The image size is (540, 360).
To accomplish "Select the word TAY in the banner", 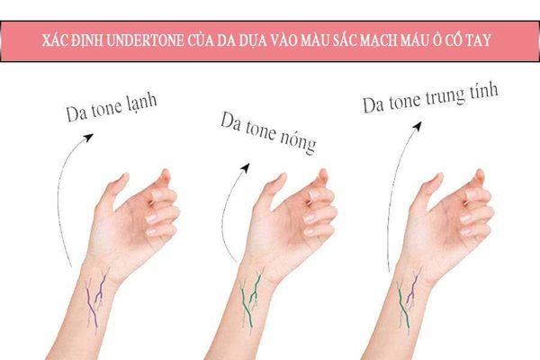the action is click(479, 40).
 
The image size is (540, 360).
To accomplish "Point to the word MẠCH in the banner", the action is click(380, 41).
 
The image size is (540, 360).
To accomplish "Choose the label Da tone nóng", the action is click(268, 133).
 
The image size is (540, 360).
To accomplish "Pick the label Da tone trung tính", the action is click(430, 98).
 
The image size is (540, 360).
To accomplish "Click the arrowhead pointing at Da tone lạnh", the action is click(89, 138).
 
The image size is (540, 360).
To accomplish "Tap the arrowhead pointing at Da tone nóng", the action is click(245, 167).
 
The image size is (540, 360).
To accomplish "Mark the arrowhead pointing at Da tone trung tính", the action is click(418, 126).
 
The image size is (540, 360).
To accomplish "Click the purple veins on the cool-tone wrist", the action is click(95, 299).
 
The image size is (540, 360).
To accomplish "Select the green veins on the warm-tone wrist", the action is click(251, 299).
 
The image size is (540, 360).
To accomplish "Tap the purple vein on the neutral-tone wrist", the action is click(413, 288).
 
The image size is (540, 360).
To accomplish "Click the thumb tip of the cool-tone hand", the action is click(124, 175).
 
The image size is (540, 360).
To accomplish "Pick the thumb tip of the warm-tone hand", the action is click(282, 175).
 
